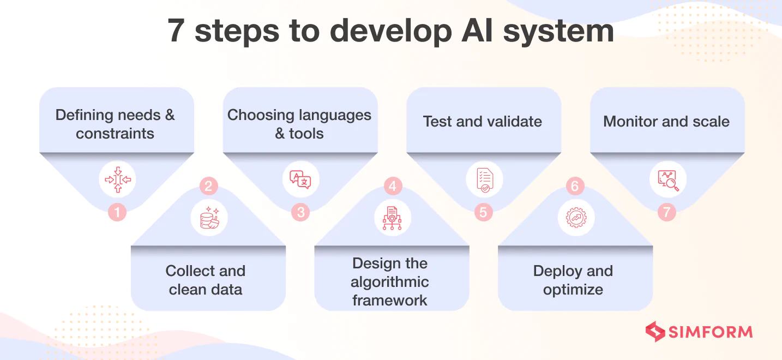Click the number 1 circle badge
point(117,212)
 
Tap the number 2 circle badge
point(208,187)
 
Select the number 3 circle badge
point(300,212)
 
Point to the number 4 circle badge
point(392,187)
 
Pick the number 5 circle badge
point(484,212)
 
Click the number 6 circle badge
point(575,187)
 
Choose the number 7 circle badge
point(666,212)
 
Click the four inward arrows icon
point(117,179)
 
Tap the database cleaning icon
point(209,218)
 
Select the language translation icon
point(300,179)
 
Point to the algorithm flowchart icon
point(392,218)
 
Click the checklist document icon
point(484,179)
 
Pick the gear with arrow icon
point(576,218)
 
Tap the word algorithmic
point(389,282)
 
